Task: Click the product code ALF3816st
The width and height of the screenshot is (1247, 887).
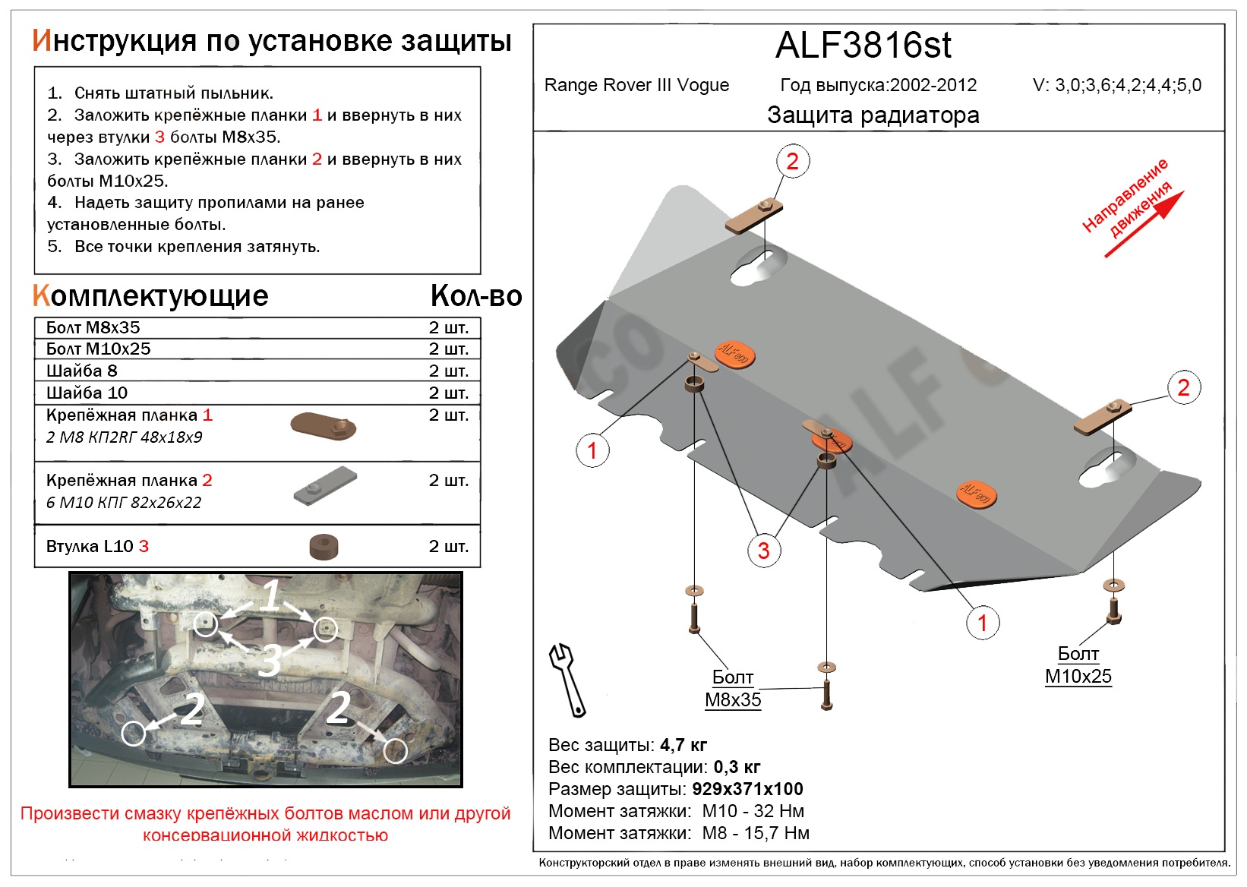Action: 863,46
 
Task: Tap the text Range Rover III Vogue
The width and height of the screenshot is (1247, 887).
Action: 636,85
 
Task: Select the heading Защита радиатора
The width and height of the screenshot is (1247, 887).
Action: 873,115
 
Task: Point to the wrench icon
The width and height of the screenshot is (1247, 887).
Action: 567,680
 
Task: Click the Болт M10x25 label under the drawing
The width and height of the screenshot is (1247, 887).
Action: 1078,665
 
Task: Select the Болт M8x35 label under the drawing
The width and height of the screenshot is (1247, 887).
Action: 733,689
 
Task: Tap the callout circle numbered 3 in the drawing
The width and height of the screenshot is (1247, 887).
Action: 763,551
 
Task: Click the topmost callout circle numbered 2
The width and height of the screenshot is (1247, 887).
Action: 792,162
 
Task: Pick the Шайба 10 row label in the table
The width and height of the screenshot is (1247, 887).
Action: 87,393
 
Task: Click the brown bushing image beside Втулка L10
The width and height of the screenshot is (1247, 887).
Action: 324,547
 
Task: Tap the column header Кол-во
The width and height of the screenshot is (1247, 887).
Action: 475,296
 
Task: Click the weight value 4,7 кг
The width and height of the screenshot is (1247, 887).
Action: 683,745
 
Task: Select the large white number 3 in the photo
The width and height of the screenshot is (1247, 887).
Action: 270,660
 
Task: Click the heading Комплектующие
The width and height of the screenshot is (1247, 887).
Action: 150,296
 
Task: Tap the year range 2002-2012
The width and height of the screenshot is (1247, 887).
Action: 933,85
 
